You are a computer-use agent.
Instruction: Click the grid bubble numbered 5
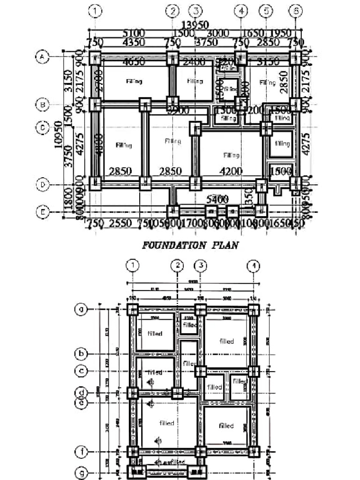(x=266, y=10)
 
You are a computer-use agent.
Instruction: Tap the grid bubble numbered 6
(x=295, y=10)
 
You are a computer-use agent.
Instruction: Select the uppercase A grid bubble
(x=42, y=57)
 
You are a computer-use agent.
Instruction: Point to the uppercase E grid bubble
(x=42, y=212)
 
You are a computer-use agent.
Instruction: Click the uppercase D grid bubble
(x=42, y=185)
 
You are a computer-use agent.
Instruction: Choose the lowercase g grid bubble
(x=82, y=472)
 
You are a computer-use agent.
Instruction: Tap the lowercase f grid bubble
(x=82, y=452)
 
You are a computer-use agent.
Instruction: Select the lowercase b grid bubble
(x=82, y=353)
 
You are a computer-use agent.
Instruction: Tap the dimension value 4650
(x=135, y=62)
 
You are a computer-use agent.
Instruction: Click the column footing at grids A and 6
(x=295, y=59)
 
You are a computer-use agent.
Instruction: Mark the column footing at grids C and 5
(x=266, y=128)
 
